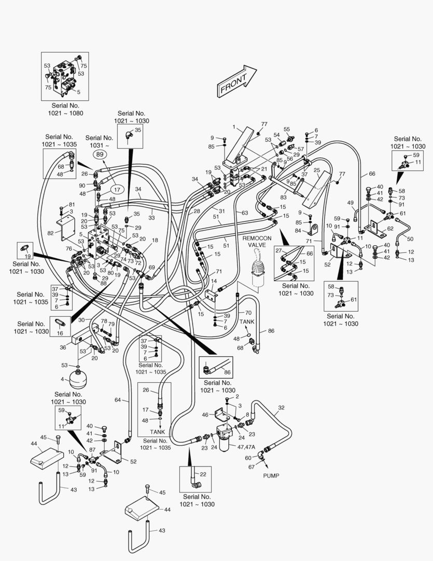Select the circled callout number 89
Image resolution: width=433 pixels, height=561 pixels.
[101, 154]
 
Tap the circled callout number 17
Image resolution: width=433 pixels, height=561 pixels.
[117, 190]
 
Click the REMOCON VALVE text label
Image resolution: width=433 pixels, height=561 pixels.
[257, 241]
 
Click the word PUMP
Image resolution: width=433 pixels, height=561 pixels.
[271, 475]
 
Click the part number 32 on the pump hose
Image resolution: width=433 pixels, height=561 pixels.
[282, 408]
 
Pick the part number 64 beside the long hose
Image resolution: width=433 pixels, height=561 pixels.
[118, 399]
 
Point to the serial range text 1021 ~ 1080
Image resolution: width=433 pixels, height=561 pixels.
[66, 113]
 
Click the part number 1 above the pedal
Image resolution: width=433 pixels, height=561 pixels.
[234, 127]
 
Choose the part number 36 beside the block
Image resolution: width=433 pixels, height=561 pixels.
[63, 348]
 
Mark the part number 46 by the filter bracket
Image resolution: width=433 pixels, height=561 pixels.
[205, 415]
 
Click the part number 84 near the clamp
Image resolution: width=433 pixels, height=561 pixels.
[298, 231]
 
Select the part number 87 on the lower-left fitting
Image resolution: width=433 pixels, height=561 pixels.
[92, 450]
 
